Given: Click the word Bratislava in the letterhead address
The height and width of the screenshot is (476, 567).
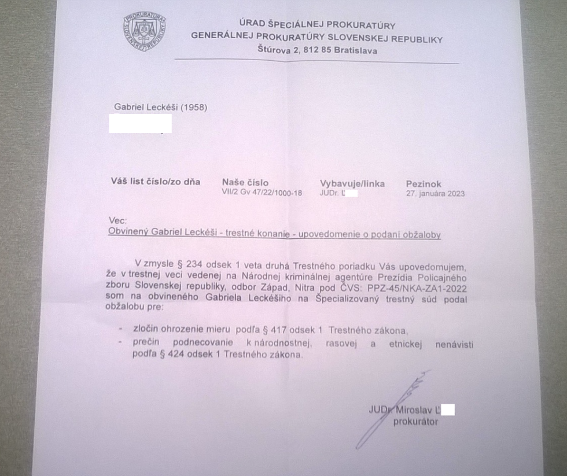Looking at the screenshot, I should (352, 50).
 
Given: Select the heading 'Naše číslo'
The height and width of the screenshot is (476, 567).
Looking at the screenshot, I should (245, 182).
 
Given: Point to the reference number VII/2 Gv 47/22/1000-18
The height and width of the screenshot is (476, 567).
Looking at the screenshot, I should (262, 193).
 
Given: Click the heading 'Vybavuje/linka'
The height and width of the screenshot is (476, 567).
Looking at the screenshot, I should (352, 183).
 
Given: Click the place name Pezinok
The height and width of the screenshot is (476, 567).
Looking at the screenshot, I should (425, 183).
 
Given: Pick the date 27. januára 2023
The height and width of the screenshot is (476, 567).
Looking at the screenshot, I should (435, 193).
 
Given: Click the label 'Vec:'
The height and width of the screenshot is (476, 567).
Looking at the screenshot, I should (117, 220).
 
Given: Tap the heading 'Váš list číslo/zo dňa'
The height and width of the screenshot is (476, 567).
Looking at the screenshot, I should (156, 182).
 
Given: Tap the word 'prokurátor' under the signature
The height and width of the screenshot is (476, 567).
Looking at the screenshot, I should (415, 422).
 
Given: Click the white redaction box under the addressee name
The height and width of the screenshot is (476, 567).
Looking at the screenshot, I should (141, 123).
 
